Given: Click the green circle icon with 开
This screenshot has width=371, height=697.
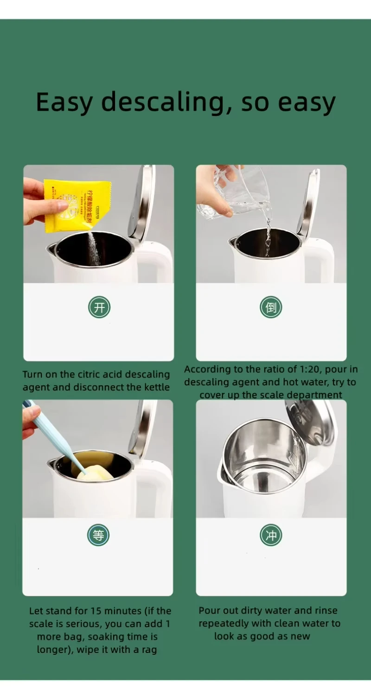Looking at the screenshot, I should [x=99, y=307].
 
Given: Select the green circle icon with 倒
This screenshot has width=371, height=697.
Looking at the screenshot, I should [x=271, y=307].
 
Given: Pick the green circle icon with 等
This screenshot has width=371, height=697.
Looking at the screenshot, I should [x=98, y=535].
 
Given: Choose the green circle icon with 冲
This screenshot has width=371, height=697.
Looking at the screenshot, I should [x=271, y=535].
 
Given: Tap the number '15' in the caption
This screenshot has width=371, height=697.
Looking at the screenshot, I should [x=96, y=611].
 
